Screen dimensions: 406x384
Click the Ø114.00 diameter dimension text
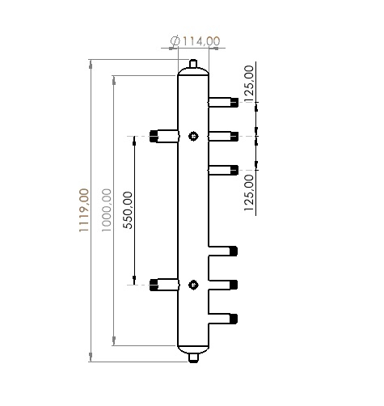pyautogui.click(x=194, y=41)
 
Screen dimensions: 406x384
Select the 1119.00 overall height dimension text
pyautogui.click(x=83, y=211)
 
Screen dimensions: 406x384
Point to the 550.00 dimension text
pyautogui.click(x=127, y=209)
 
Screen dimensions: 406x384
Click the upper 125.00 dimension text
pyautogui.click(x=249, y=82)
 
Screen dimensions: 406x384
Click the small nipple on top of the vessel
pyautogui.click(x=192, y=64)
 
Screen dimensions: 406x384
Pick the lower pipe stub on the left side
pyautogui.click(x=163, y=284)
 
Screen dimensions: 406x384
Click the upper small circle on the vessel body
pyautogui.click(x=192, y=136)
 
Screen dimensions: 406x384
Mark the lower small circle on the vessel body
pyautogui.click(x=192, y=284)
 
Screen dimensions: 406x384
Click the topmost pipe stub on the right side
pyautogui.click(x=223, y=102)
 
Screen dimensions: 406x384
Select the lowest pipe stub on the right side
pyautogui.click(x=223, y=318)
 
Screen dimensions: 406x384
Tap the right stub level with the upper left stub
pyautogui.click(x=223, y=135)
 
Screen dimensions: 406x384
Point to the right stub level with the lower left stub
pyautogui.click(x=223, y=284)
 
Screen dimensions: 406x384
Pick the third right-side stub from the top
pyautogui.click(x=223, y=169)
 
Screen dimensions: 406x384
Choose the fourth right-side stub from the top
pyautogui.click(x=223, y=250)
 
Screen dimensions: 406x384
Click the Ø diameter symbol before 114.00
pyautogui.click(x=175, y=41)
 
